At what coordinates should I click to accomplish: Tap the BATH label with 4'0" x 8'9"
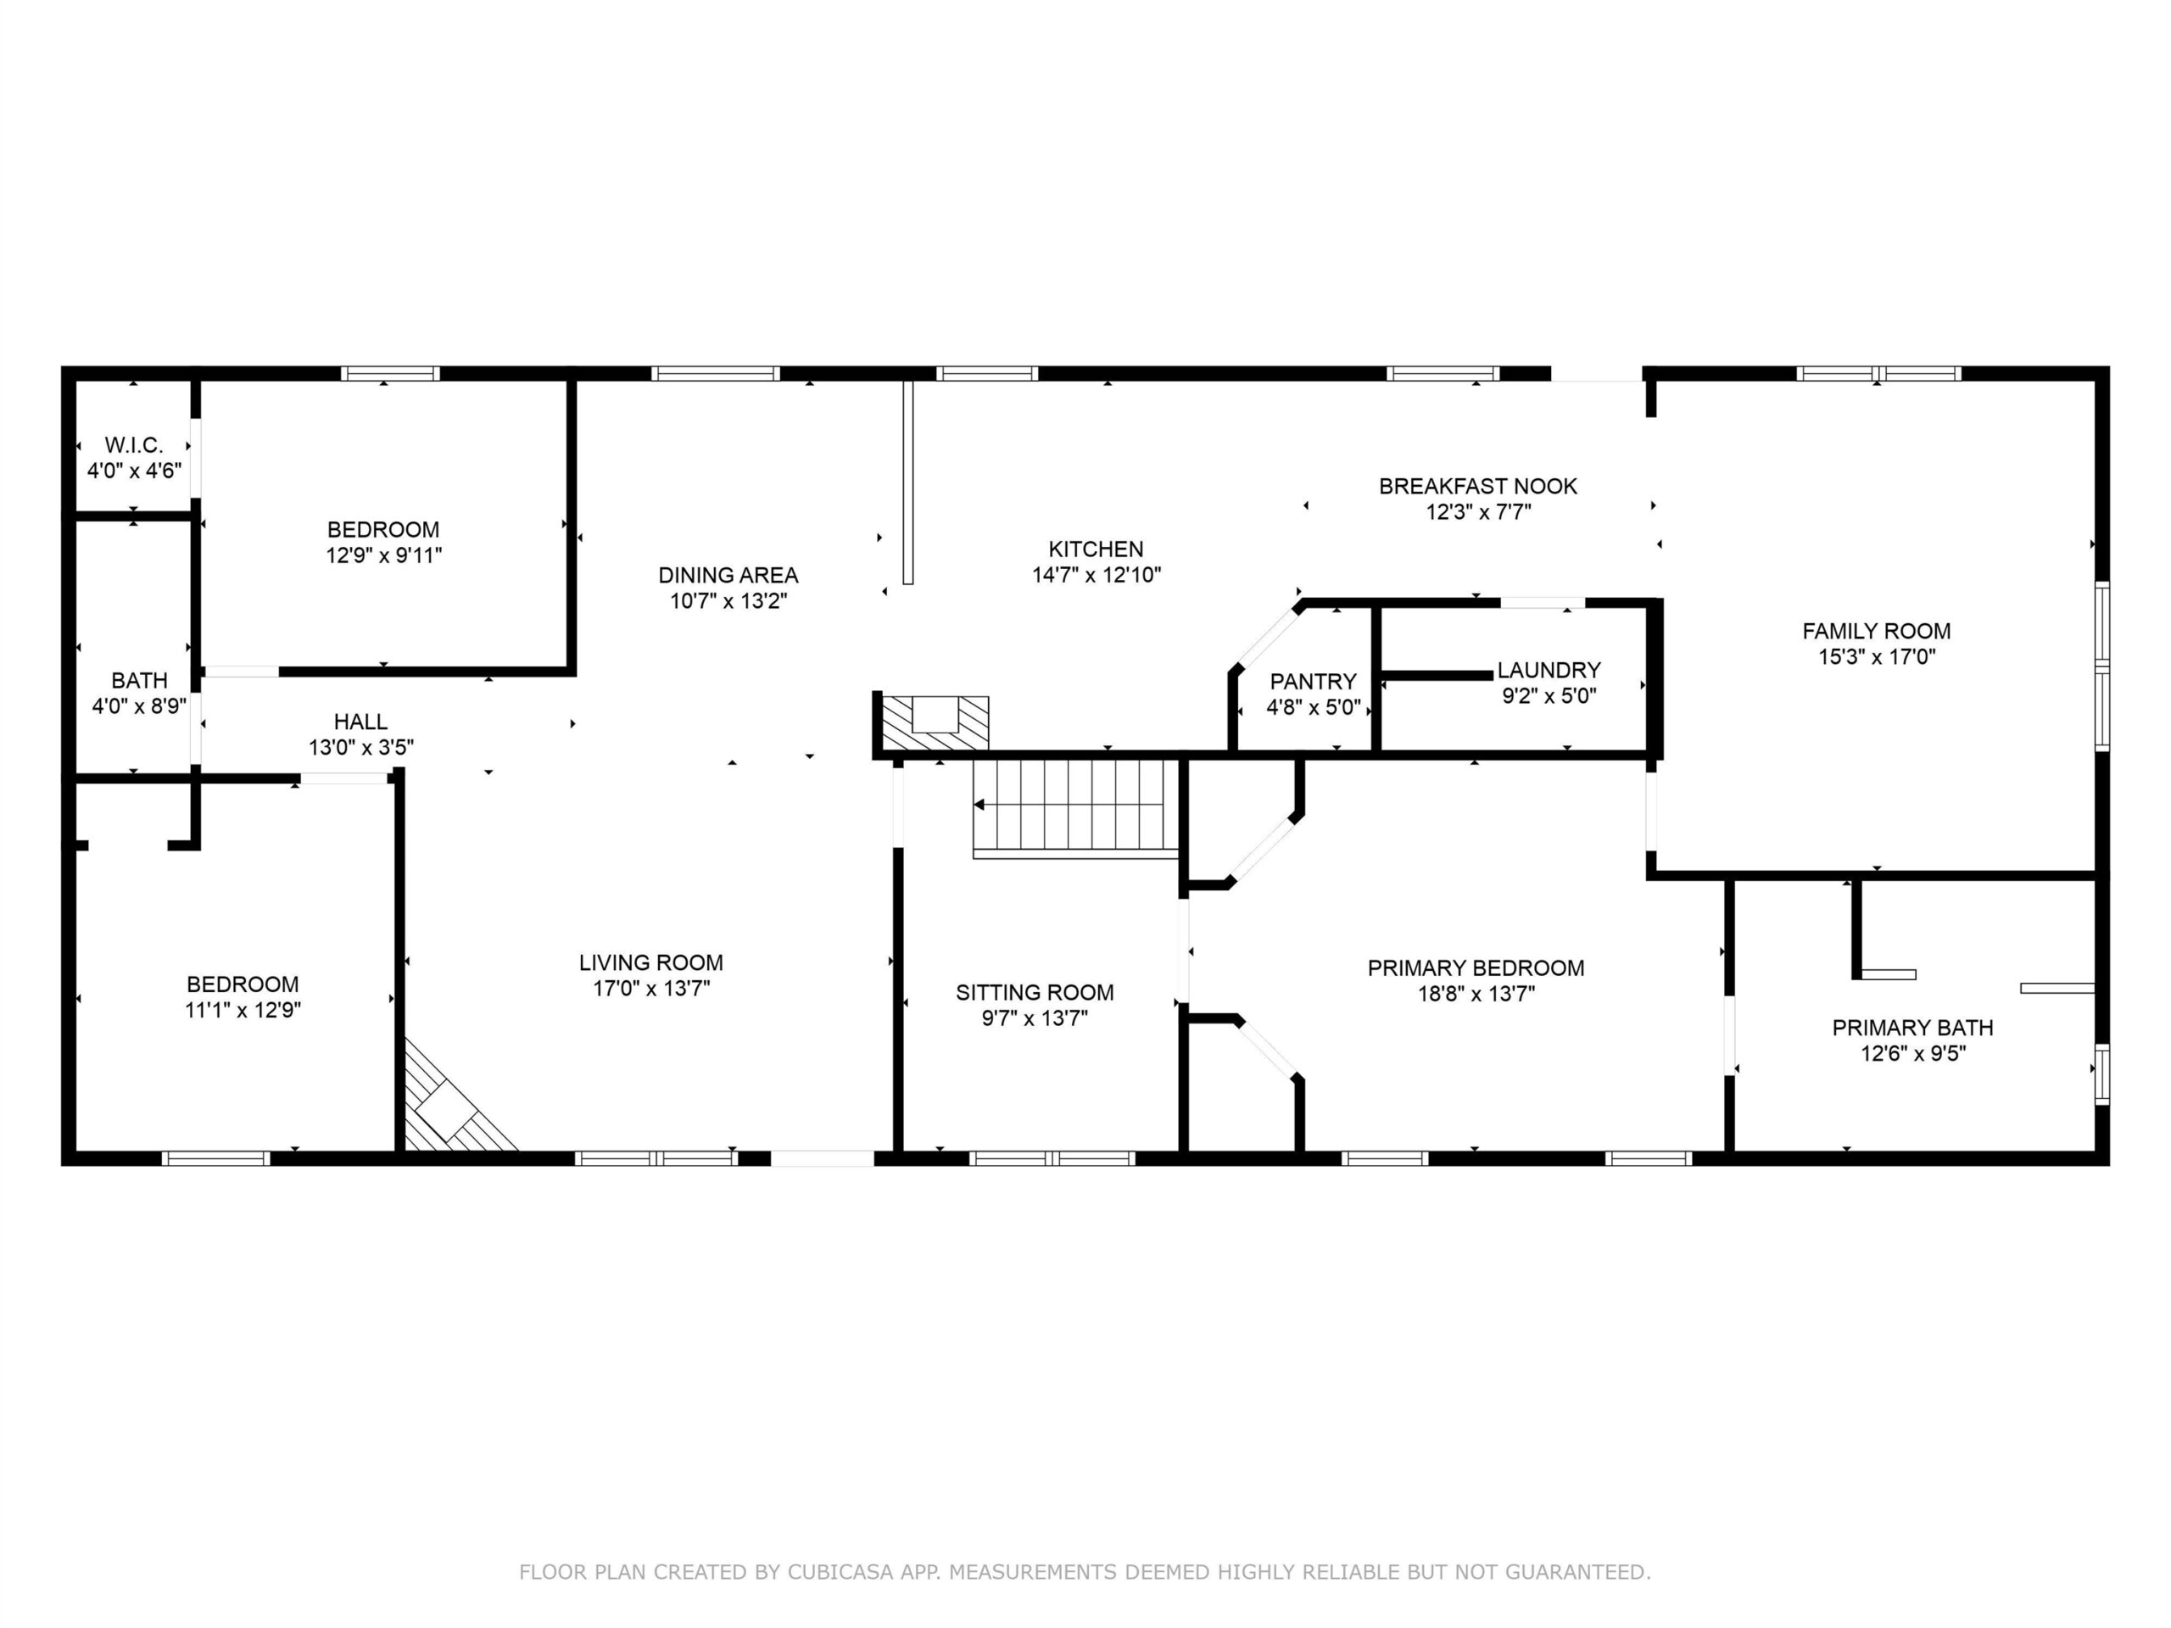coord(139,680)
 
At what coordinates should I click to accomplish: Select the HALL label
coord(360,722)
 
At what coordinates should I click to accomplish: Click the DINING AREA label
coord(728,575)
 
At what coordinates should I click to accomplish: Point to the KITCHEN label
coord(1097,549)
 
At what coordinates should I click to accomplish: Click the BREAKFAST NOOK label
coord(1478,486)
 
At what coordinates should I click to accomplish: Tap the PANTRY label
coord(1313,681)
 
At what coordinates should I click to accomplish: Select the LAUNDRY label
coord(1549,670)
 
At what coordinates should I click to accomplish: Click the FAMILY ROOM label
coord(1877,631)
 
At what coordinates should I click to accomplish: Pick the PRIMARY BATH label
coord(1913,1028)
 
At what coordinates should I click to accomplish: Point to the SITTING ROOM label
coord(1035,992)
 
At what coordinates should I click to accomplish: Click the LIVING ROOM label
coord(650,962)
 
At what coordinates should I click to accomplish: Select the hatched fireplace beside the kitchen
coord(935,722)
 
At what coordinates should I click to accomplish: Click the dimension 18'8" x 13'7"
coord(1476,993)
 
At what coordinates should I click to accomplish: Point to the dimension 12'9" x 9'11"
coord(384,555)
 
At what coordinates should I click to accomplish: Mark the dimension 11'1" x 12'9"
coord(243,1010)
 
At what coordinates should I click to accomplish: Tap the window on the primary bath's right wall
coord(2101,1074)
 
